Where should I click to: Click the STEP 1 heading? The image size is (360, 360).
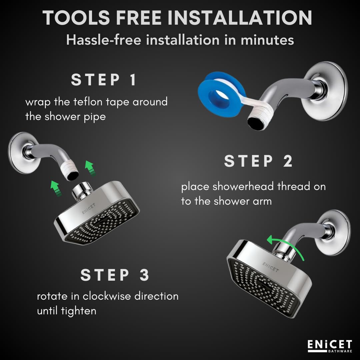click(104, 80)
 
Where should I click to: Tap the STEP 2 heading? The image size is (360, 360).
click(258, 161)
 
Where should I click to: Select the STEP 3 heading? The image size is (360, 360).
click(115, 275)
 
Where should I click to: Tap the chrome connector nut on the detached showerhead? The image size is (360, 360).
click(80, 191)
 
